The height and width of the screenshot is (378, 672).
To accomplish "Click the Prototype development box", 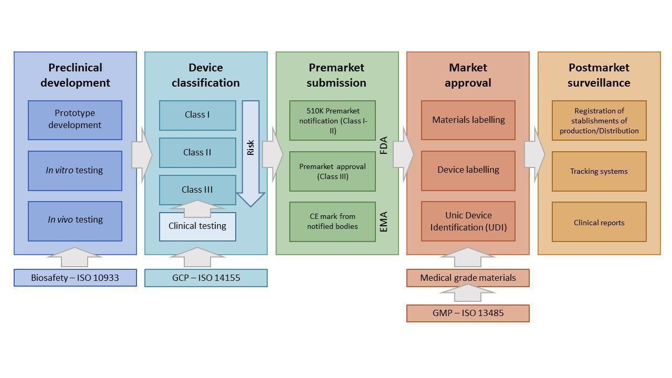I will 75,120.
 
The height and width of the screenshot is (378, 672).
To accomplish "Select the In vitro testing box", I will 75,171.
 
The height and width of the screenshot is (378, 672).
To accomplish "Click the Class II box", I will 197,153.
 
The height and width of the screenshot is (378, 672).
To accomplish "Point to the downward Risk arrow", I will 250,152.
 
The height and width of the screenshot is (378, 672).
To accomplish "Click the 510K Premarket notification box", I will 332,120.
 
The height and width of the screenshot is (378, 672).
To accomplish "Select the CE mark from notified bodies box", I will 332,222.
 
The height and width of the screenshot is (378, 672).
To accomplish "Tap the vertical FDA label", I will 383,145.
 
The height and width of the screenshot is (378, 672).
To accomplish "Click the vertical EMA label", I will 383,222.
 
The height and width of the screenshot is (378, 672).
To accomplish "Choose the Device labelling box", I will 468,170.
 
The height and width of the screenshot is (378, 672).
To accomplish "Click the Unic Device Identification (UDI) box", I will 468,221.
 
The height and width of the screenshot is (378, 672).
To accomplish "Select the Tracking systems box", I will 599,171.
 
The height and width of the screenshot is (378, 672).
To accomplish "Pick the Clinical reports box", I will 599,222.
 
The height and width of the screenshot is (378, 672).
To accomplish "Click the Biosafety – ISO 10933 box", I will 75,278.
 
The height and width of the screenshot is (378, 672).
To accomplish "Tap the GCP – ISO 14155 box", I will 206,278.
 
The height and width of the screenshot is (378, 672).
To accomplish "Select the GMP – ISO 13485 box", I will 468,313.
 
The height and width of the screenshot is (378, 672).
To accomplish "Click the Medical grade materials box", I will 468,278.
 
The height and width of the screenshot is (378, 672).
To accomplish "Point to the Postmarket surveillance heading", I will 598,75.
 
